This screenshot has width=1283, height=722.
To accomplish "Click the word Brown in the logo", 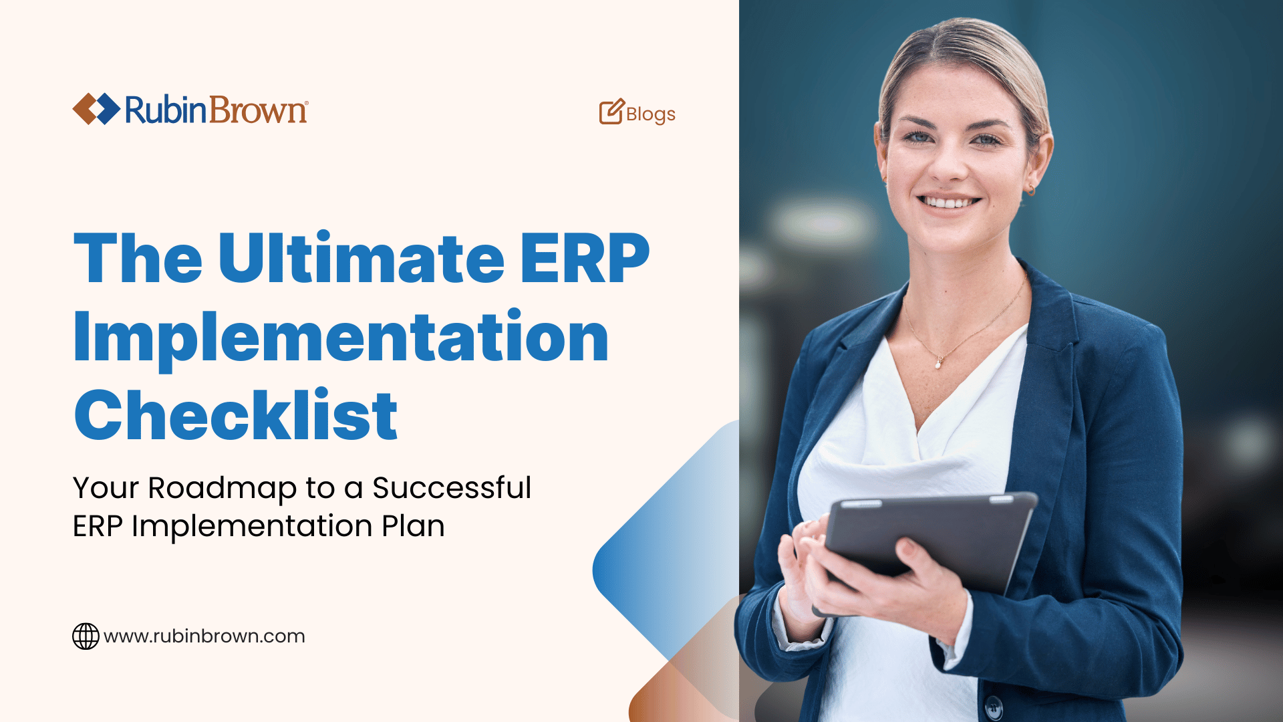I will (258, 110).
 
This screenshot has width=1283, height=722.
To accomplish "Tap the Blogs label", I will (650, 114).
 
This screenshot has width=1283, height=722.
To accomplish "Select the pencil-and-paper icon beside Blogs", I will (611, 112).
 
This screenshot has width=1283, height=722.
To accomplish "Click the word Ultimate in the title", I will (361, 259).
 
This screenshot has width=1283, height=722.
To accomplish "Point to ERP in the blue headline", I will (584, 259).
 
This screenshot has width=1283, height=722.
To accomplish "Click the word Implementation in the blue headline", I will (341, 338).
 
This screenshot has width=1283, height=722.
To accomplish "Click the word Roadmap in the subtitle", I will (223, 489).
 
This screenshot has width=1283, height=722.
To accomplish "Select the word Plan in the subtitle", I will (413, 526).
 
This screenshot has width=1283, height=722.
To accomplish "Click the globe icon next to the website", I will (86, 636).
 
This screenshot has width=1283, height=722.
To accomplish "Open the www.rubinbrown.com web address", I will (204, 636).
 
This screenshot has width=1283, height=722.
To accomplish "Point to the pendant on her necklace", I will (939, 364).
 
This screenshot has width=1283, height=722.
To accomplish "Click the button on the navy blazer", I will (994, 706).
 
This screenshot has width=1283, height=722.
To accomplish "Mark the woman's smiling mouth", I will (948, 201).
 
